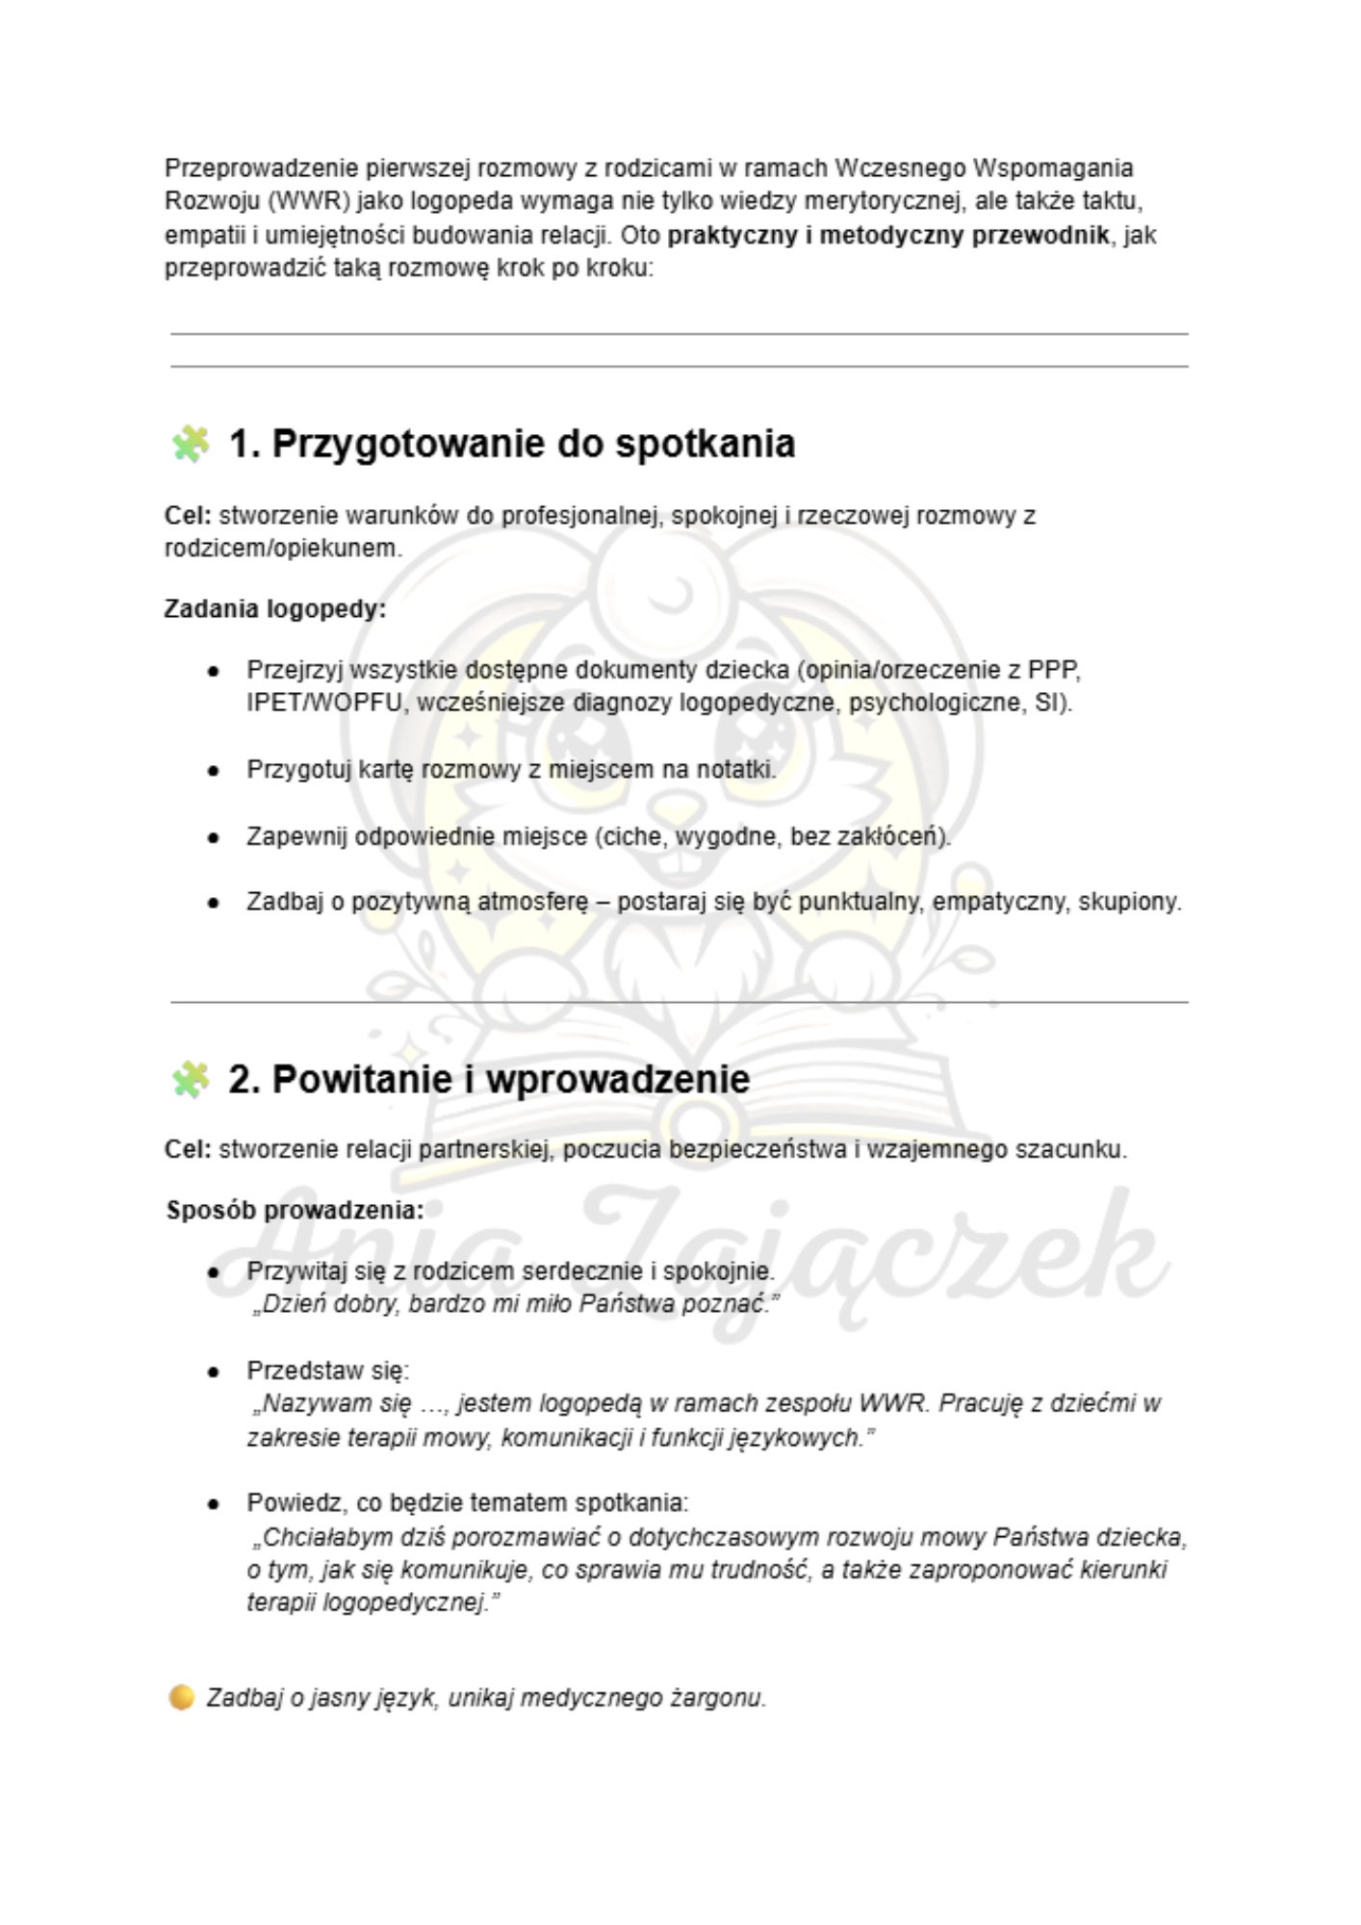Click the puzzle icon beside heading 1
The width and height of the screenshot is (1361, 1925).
coord(190,444)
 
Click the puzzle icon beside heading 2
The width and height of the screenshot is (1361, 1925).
coord(190,1079)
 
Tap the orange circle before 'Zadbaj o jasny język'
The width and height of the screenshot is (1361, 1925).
coord(181,1697)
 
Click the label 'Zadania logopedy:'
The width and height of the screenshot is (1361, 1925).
coord(275,609)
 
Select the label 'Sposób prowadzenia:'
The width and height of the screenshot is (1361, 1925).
coord(295,1210)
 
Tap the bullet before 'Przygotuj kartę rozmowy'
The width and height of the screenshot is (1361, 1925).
coord(214,771)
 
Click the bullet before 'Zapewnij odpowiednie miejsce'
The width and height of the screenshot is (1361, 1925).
coord(214,837)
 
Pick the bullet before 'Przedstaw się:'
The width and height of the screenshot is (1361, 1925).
coord(214,1371)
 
